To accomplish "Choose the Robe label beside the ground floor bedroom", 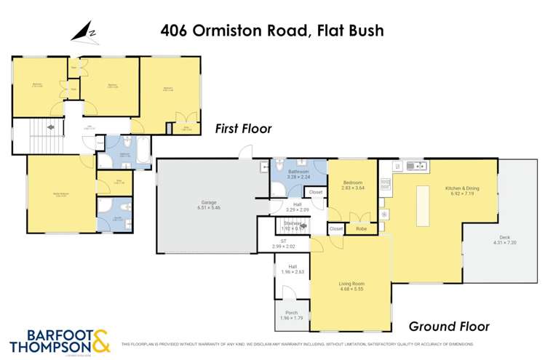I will coord(361,228).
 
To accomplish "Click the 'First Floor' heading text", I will coord(243,129).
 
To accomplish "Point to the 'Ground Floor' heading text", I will coord(448,326).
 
